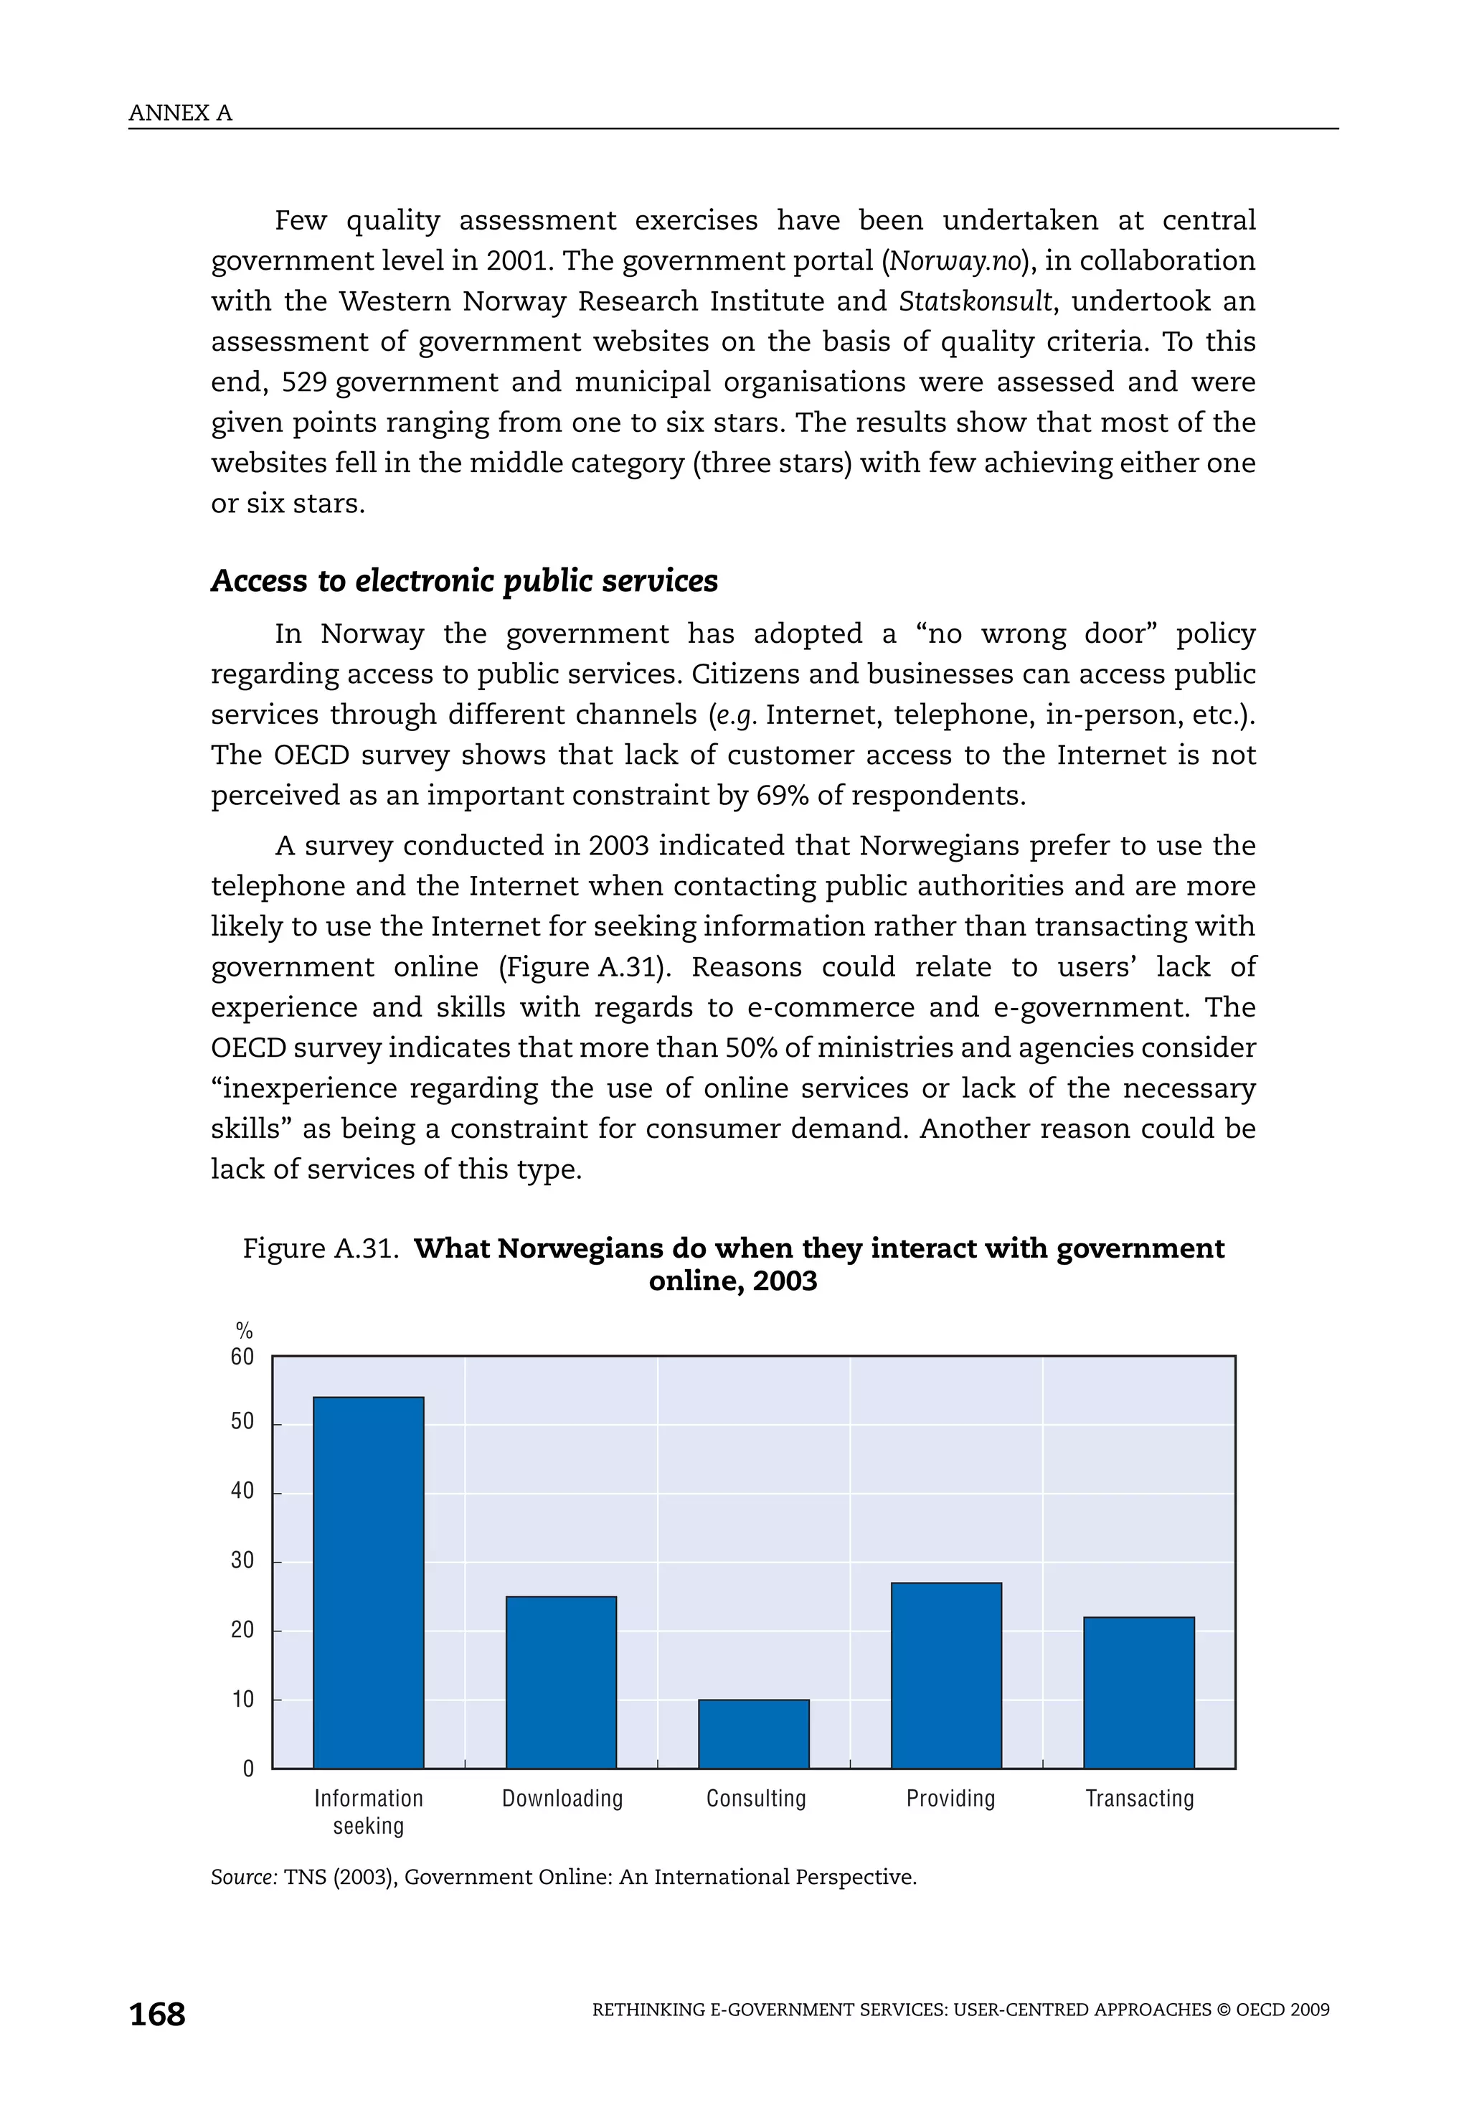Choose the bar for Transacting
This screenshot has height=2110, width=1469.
point(1139,1692)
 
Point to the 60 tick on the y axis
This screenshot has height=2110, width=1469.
point(242,1357)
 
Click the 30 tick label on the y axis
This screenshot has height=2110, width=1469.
point(242,1560)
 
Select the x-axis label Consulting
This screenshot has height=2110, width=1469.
point(755,1799)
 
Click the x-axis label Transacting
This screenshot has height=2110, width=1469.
point(1139,1799)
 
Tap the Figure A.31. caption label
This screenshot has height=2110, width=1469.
point(320,1249)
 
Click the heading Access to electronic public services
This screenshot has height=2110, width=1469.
point(464,581)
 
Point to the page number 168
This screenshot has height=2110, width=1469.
point(157,2015)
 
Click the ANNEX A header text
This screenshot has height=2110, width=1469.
point(180,113)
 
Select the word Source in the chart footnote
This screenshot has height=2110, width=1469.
point(243,1878)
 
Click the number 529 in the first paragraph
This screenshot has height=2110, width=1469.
point(304,382)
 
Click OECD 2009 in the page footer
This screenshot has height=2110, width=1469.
point(1283,2010)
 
